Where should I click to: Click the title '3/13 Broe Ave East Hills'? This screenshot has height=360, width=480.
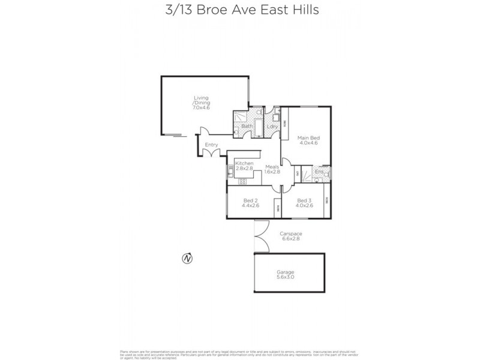(x=240, y=10)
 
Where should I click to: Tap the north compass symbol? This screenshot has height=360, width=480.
(x=187, y=259)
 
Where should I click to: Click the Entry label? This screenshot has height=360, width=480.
(x=211, y=145)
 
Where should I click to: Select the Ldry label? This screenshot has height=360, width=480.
(x=272, y=126)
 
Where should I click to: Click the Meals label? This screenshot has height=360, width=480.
(x=273, y=166)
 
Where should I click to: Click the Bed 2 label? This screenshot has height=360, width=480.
(x=250, y=200)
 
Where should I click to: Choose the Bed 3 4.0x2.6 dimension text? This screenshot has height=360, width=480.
(x=304, y=206)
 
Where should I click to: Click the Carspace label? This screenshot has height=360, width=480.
(x=290, y=233)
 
